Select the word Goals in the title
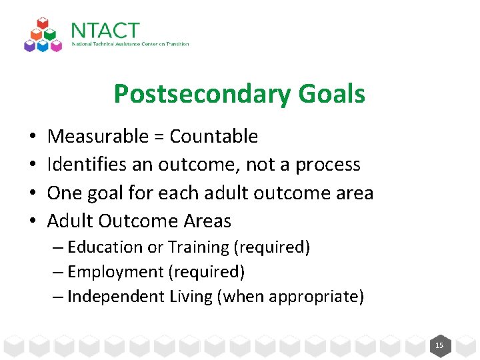point(331,94)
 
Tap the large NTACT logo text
point(105,31)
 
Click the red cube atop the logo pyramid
point(43,23)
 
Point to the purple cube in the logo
point(29,46)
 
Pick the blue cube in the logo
point(43,46)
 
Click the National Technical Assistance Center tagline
point(130,45)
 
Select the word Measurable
point(98,136)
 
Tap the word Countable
point(213,136)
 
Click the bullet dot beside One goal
point(33,193)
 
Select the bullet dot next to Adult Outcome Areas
point(33,221)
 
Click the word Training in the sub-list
point(198,247)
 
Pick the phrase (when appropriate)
point(291,297)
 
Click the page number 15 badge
point(439,345)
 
